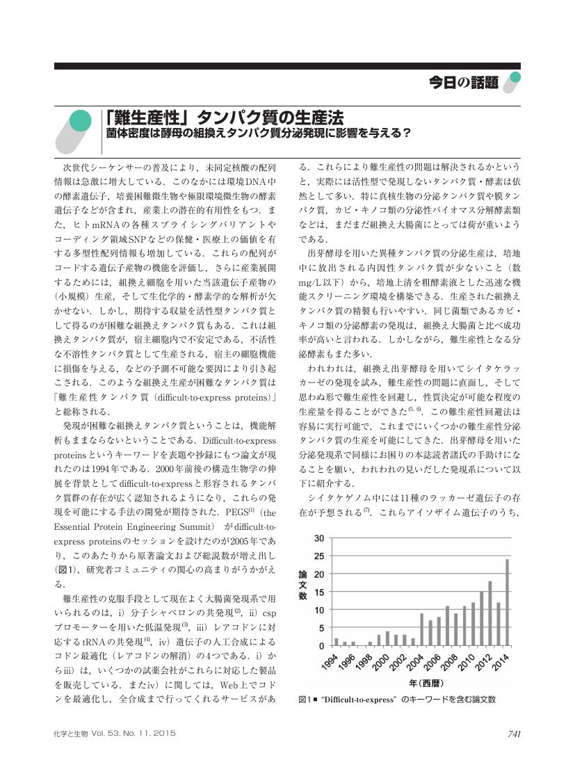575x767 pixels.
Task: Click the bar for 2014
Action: tap(507, 602)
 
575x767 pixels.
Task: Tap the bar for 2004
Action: tap(422, 629)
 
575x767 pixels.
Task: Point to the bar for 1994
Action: tap(337, 642)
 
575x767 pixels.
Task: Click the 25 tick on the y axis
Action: tap(319, 556)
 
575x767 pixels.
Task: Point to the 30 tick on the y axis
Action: tap(319, 538)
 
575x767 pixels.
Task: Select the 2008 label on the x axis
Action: tap(448, 661)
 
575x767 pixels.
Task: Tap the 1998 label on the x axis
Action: tap(364, 661)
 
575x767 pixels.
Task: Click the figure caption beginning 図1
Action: tap(396, 699)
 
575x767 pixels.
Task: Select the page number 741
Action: tap(514, 733)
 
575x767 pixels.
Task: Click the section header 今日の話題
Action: tap(464, 83)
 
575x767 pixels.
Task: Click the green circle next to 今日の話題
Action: tap(515, 79)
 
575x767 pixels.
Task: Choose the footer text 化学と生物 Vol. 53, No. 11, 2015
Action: tap(114, 733)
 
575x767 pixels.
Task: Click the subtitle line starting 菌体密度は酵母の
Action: tap(258, 132)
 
